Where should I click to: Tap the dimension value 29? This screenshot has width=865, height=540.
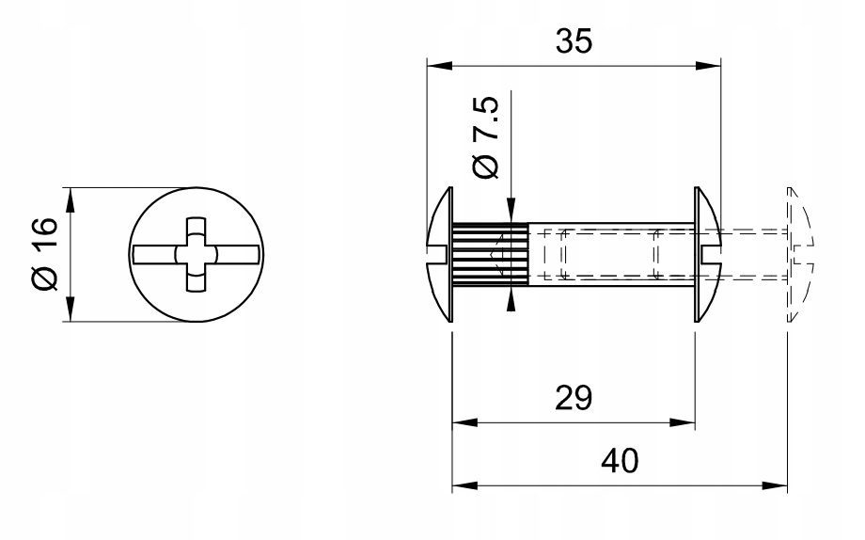point(573,398)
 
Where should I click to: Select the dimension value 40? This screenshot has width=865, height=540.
point(620,461)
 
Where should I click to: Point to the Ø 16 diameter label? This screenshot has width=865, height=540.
point(43,254)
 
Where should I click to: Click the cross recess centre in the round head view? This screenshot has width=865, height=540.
point(196,254)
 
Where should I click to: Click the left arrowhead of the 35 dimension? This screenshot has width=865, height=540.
point(435,65)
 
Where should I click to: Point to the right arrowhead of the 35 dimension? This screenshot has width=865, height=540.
point(712,65)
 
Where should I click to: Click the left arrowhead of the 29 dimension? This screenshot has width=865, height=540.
point(461,423)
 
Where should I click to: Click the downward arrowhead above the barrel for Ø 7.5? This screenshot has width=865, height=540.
point(511,215)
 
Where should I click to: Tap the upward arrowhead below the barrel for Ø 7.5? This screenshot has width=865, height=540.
point(511,296)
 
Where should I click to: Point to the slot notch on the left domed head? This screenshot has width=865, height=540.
point(435,254)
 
